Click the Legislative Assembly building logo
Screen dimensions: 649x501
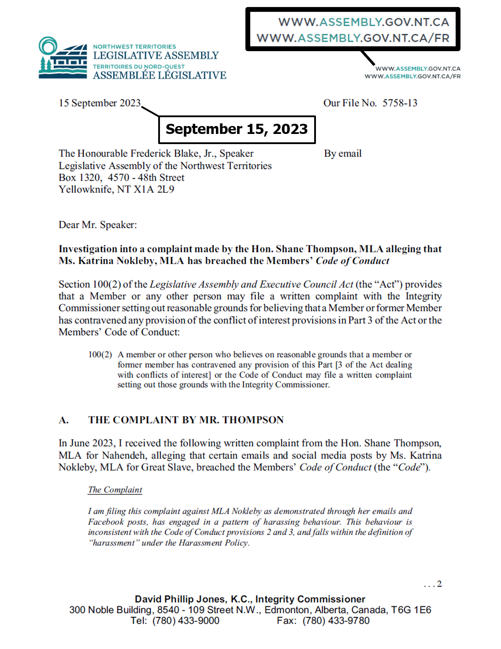tap(63, 58)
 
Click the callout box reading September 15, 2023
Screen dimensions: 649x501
tap(237, 130)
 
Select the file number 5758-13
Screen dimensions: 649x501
tap(400, 103)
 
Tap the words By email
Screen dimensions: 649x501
tap(343, 154)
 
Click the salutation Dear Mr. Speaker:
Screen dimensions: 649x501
tap(97, 225)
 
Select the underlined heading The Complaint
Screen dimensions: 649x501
tap(115, 490)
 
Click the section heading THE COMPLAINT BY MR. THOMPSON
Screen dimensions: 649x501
tap(186, 420)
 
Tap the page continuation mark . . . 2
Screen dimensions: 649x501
tap(433, 584)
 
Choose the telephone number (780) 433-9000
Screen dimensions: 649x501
tap(186, 621)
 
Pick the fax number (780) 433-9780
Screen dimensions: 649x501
tap(336, 621)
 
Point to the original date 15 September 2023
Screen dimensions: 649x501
tap(100, 103)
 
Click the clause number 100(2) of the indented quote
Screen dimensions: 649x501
tap(100, 355)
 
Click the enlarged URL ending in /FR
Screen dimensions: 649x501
tap(353, 38)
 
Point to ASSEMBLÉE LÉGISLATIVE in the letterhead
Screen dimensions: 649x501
tap(160, 76)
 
